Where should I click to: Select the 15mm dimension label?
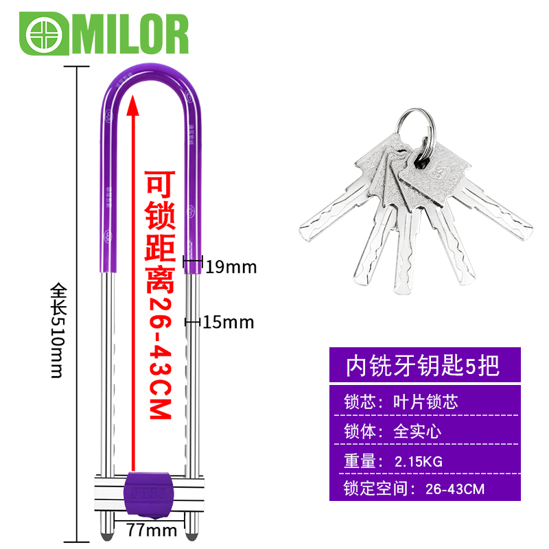(229, 321)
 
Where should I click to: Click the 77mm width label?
(152, 530)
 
